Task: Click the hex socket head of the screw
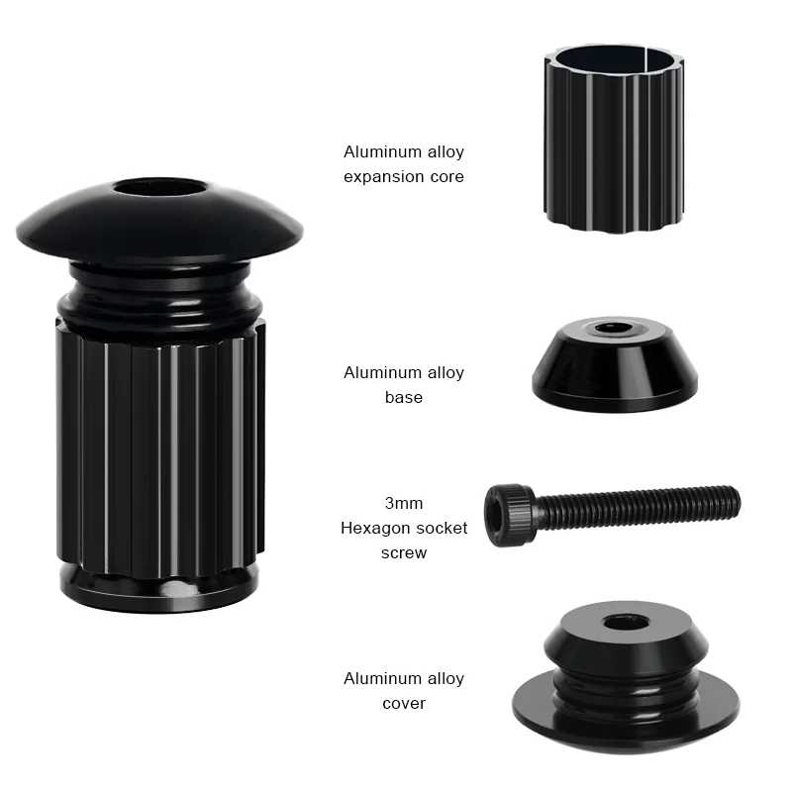[x=509, y=515]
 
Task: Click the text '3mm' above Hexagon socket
[x=404, y=503]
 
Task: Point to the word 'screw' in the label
[x=404, y=552]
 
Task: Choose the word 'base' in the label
[x=404, y=397]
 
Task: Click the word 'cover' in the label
[x=404, y=703]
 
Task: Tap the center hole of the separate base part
[x=613, y=328]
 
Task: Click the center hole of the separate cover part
[x=627, y=623]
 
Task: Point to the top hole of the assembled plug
[x=159, y=187]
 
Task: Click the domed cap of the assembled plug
[x=159, y=220]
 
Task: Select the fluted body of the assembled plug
[x=160, y=447]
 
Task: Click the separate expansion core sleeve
[x=614, y=139]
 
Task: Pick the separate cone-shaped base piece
[x=615, y=363]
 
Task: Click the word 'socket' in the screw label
[x=445, y=529]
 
